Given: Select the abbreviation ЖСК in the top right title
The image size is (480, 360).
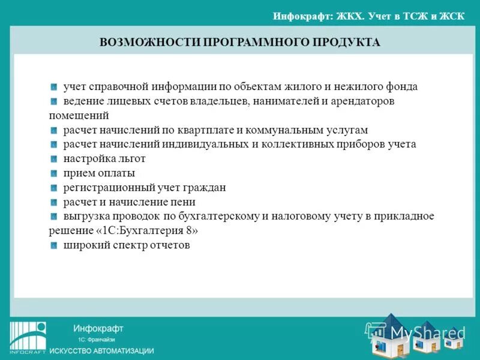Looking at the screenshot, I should coord(452,16).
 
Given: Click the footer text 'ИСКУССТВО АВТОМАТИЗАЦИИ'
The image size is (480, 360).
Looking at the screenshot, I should coord(101,350).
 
